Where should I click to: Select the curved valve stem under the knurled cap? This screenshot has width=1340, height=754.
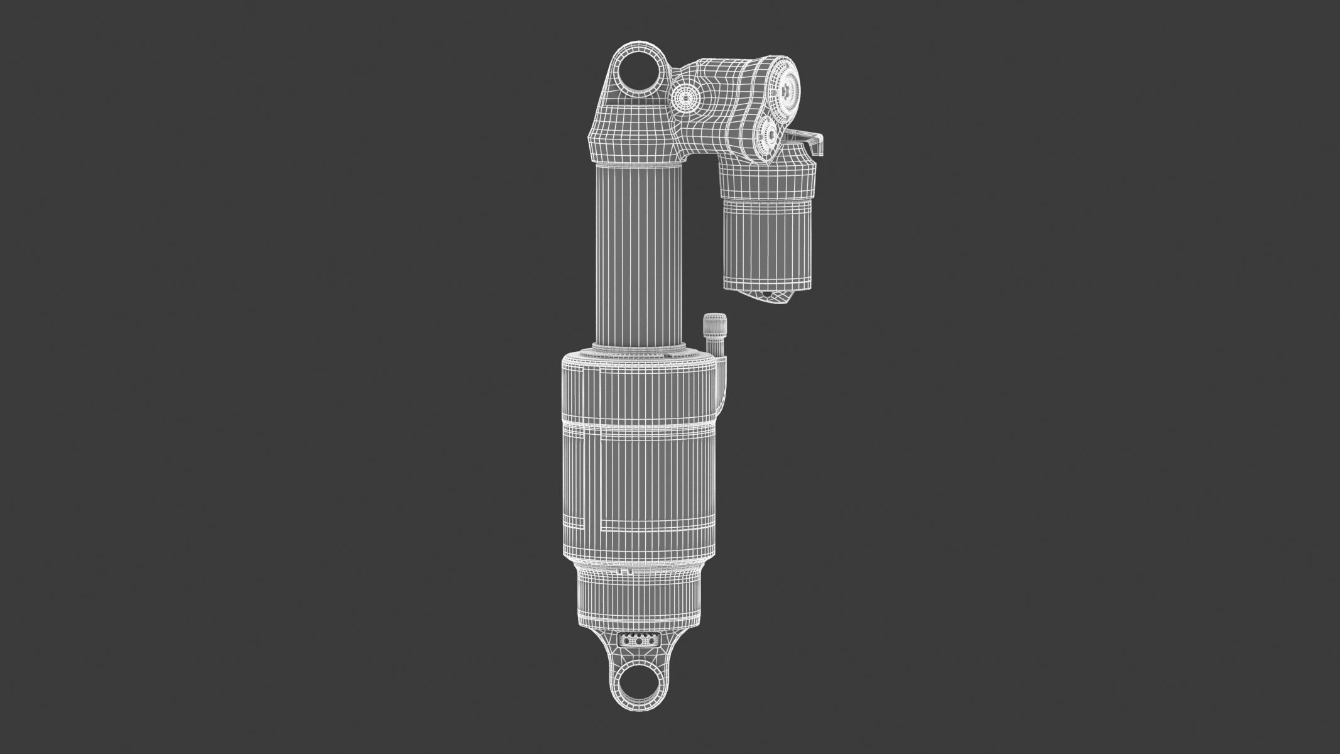tap(724, 383)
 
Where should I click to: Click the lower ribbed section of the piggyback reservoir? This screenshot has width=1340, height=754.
tap(768, 245)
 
